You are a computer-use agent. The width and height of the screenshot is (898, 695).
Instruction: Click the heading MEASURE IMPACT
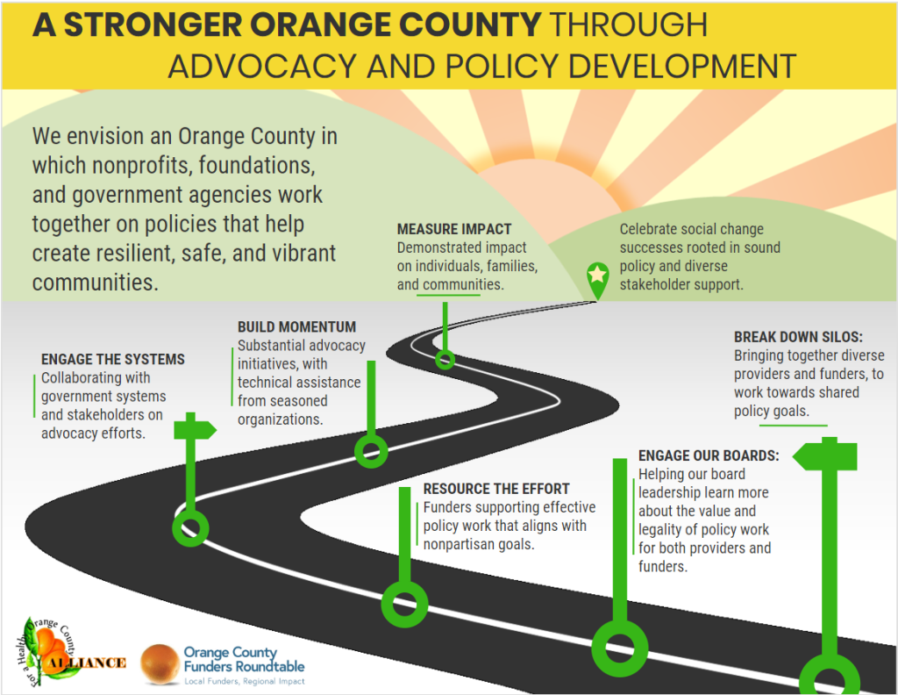click(453, 230)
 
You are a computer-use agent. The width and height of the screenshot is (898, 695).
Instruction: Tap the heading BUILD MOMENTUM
click(296, 327)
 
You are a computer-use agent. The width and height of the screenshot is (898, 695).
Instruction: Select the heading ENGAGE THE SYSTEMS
click(113, 359)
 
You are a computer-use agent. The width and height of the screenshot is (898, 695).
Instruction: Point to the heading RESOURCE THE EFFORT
click(496, 489)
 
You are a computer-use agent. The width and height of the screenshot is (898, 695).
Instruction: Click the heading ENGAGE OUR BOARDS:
click(709, 455)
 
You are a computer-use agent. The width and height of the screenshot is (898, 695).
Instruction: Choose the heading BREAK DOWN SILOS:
click(799, 337)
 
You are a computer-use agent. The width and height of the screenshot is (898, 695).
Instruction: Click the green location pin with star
click(597, 276)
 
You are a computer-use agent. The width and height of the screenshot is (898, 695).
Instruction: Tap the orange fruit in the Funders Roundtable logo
click(160, 663)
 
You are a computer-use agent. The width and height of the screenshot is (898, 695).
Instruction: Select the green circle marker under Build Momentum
click(370, 451)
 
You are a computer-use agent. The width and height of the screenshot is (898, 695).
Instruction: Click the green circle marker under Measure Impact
click(445, 358)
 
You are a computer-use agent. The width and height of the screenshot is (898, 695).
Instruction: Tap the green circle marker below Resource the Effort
click(403, 604)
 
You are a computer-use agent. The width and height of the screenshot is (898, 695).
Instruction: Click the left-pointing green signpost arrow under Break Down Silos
click(825, 456)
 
